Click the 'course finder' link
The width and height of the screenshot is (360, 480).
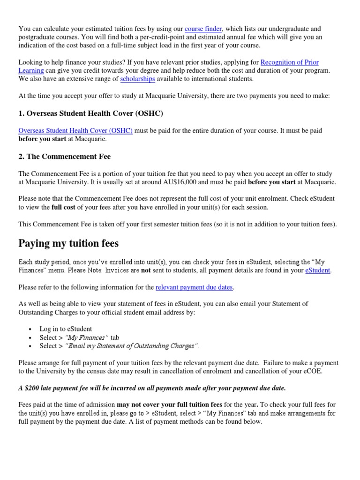click(203, 29)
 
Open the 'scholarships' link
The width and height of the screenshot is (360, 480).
click(137, 79)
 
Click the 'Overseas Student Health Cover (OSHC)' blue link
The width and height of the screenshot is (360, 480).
click(75, 131)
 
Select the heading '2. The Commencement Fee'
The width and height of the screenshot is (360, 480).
click(64, 157)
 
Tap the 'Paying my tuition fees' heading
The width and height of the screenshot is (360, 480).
click(68, 243)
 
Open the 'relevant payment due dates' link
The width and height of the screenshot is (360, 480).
click(194, 287)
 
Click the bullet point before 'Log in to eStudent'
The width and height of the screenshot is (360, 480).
click(30, 330)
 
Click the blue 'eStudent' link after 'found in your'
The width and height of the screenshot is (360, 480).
click(318, 270)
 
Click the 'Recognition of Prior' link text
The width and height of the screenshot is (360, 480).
click(289, 62)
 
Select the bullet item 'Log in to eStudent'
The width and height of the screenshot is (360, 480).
click(66, 330)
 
